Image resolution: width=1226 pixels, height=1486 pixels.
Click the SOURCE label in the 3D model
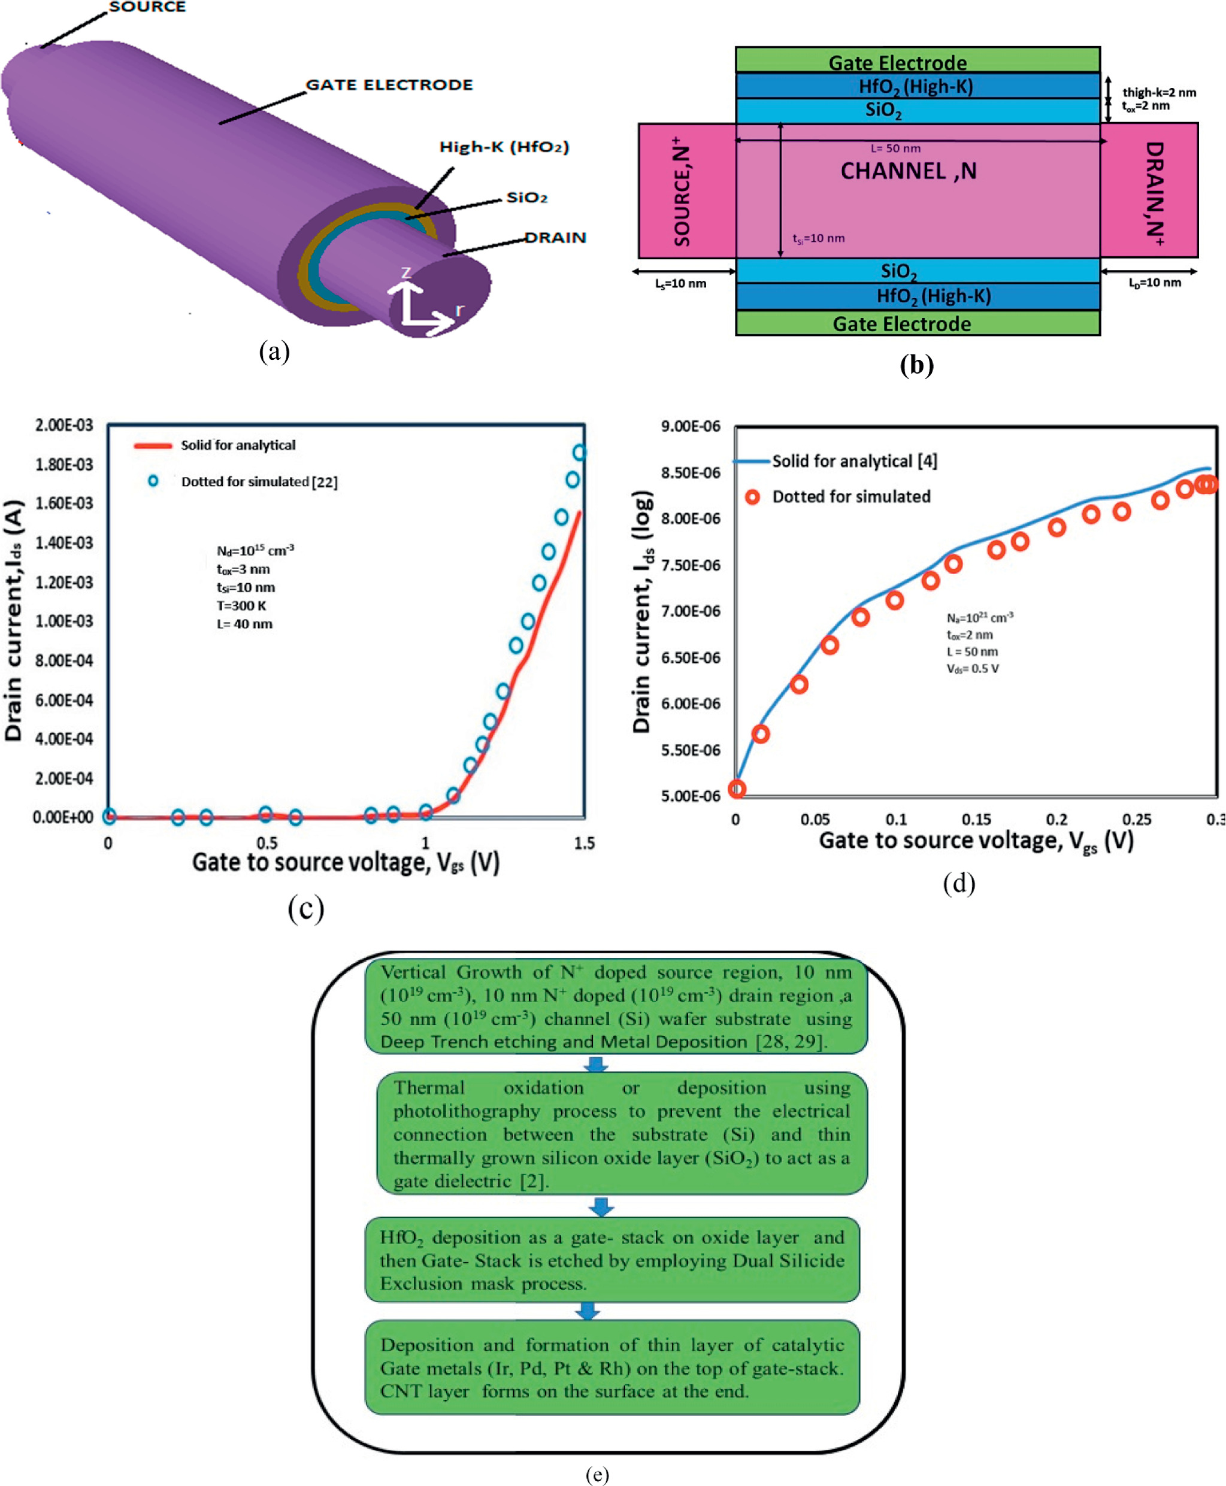147,7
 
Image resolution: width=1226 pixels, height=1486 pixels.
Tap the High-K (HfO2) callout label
504,147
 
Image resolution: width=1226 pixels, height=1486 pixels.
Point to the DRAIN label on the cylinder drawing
555,237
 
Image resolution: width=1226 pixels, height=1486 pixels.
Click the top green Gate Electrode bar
918,60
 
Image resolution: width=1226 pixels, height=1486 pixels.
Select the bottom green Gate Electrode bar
918,323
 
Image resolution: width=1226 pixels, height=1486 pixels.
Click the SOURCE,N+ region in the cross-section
686,190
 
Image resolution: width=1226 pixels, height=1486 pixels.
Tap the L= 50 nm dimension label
895,148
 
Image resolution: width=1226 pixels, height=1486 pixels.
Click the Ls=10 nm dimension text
680,284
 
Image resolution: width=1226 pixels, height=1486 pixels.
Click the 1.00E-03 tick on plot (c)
64,621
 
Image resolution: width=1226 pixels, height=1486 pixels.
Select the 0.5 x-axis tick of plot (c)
267,843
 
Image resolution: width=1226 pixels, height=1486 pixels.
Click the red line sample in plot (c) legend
153,445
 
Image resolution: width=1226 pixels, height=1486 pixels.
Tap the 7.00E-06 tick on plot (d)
690,611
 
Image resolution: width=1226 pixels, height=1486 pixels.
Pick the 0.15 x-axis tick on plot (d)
976,820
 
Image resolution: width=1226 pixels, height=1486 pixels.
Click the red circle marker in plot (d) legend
753,497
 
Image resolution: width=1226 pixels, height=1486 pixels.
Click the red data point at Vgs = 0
737,789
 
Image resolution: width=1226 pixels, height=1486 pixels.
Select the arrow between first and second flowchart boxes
596,1064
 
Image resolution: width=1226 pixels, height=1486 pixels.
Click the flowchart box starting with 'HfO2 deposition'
612,1260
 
